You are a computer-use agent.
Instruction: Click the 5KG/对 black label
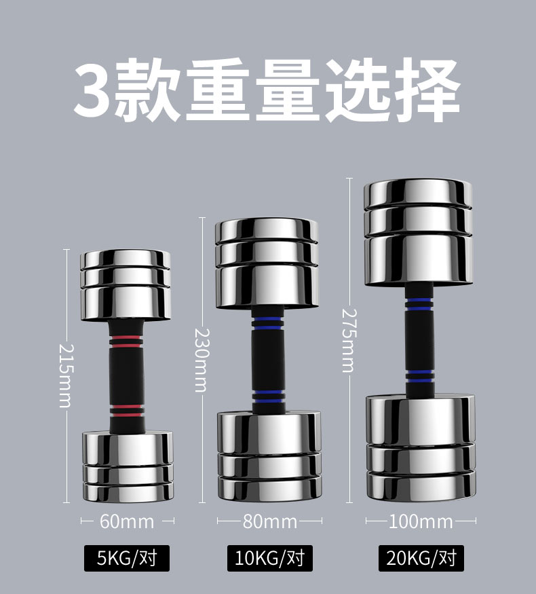click(x=126, y=559)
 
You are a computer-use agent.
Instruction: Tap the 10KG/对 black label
click(x=269, y=559)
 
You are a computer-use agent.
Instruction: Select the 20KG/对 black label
click(x=421, y=559)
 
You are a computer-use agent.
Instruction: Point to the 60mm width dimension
click(x=127, y=521)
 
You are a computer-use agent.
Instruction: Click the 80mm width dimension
click(x=270, y=521)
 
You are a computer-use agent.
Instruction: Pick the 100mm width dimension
click(x=421, y=521)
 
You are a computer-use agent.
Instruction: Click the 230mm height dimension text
click(x=200, y=360)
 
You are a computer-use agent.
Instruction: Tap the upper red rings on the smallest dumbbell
click(x=126, y=339)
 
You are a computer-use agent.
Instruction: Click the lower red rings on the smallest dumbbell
click(x=126, y=410)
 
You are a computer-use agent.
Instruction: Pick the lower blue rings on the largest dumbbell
click(x=420, y=375)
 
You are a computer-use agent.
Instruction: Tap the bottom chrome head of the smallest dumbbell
click(x=126, y=465)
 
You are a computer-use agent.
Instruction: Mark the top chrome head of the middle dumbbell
click(x=267, y=263)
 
